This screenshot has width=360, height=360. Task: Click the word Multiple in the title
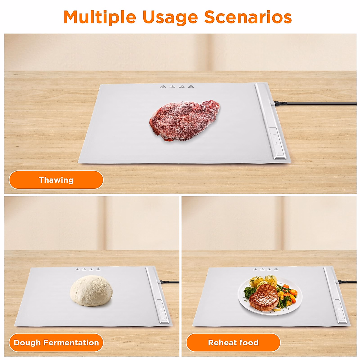(100, 17)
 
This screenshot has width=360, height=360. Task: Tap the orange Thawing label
(56, 180)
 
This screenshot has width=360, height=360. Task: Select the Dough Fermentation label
(56, 343)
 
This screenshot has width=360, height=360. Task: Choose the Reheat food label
(233, 343)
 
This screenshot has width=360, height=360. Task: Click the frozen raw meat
(184, 121)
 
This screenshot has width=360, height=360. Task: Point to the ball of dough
(91, 290)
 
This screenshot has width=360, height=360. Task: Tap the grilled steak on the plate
(263, 297)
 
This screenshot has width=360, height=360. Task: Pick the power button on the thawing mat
(279, 153)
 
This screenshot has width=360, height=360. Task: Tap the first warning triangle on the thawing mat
(163, 87)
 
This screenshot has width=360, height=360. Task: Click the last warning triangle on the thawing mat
(190, 87)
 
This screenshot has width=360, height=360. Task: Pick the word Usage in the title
(170, 17)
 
